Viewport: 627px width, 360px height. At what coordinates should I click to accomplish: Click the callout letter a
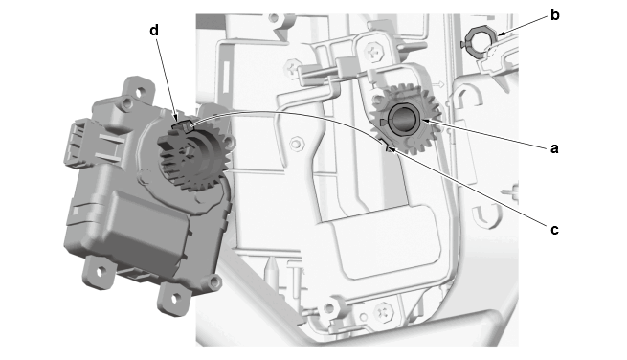(x=554, y=148)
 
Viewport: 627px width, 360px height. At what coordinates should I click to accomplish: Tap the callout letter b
(x=554, y=15)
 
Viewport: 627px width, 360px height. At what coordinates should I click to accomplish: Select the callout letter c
(x=554, y=230)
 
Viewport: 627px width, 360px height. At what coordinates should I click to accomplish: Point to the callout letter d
(x=154, y=30)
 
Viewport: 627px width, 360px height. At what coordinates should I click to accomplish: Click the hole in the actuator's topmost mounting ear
(x=139, y=93)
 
